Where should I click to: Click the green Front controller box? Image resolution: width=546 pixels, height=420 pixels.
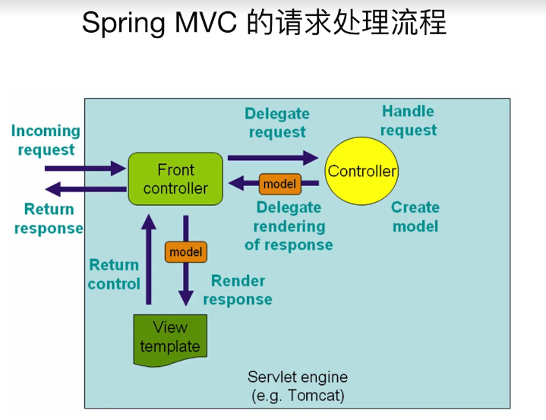pyautogui.click(x=175, y=178)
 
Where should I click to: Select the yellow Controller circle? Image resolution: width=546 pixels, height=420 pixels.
pyautogui.click(x=361, y=172)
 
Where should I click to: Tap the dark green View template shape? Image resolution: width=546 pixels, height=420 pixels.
pyautogui.click(x=170, y=336)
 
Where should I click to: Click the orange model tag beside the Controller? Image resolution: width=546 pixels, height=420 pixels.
pyautogui.click(x=279, y=184)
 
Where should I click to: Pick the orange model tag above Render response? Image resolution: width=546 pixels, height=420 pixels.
pyautogui.click(x=185, y=251)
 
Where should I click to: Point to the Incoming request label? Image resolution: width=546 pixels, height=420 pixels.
pyautogui.click(x=46, y=141)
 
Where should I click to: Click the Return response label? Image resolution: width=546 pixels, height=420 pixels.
pyautogui.click(x=49, y=219)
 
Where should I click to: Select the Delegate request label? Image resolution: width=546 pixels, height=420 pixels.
pyautogui.click(x=277, y=123)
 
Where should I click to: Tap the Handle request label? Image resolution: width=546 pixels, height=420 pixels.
pyautogui.click(x=409, y=121)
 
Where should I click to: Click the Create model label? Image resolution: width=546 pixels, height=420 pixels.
pyautogui.click(x=415, y=216)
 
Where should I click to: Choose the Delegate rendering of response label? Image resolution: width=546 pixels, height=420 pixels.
pyautogui.click(x=289, y=226)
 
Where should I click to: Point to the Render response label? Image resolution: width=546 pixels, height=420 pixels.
pyautogui.click(x=238, y=290)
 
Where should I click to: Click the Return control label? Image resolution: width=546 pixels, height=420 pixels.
pyautogui.click(x=114, y=274)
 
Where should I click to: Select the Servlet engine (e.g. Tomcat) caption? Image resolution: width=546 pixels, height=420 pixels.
pyautogui.click(x=298, y=386)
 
